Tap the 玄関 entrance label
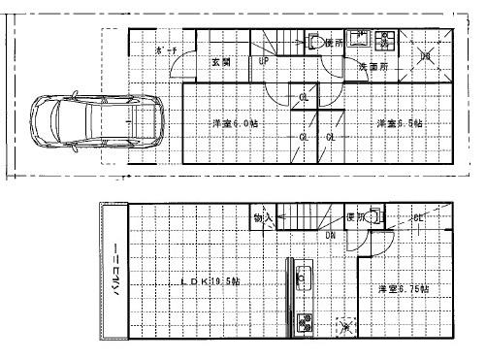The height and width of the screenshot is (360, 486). point(220,61)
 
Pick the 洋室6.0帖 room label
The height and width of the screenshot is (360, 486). point(235,125)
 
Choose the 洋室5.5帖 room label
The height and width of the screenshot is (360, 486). point(399,124)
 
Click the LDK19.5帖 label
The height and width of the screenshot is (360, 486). point(211,281)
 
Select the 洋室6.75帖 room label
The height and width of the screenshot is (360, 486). point(405,289)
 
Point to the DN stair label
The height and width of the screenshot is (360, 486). point(330,234)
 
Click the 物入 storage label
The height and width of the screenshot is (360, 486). point(263,218)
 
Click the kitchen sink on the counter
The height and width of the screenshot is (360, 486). point(302,277)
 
